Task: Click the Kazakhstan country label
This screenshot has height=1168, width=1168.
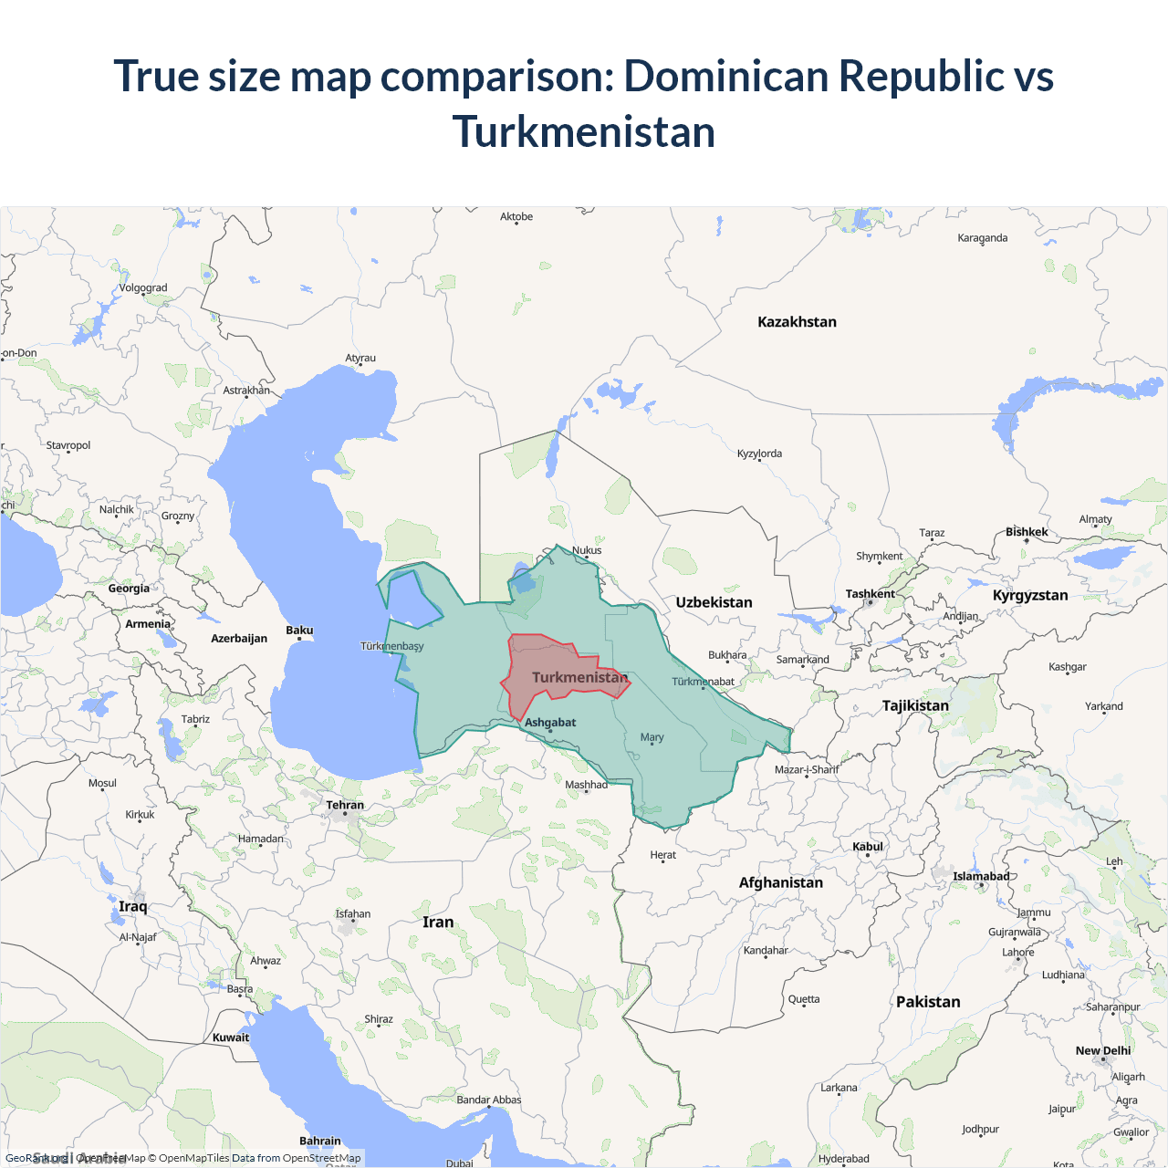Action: [x=797, y=322]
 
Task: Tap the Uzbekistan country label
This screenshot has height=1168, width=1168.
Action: [x=714, y=602]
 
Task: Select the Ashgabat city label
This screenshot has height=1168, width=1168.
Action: [x=550, y=723]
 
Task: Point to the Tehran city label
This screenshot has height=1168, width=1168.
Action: [x=345, y=805]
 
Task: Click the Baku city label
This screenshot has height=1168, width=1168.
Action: [x=299, y=631]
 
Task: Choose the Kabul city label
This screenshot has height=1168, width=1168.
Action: [x=868, y=847]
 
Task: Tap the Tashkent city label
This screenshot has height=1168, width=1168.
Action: [x=870, y=594]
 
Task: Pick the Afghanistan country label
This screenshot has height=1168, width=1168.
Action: [x=781, y=882]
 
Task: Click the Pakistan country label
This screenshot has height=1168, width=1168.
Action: [x=928, y=1002]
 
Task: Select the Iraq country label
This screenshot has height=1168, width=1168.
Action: [x=132, y=906]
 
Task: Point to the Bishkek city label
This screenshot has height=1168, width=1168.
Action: [x=1027, y=532]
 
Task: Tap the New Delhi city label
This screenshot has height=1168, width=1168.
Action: [x=1102, y=1051]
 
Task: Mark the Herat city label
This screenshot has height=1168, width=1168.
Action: [x=663, y=855]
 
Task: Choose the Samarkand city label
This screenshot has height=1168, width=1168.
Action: [x=803, y=660]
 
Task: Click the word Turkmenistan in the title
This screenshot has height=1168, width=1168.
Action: [x=584, y=132]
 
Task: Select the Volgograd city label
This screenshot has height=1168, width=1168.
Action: [x=143, y=288]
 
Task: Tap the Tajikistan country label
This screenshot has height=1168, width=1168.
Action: [x=915, y=705]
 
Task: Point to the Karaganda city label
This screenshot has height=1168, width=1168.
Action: [x=983, y=238]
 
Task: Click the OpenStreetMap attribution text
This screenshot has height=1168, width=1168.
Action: [x=321, y=1158]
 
